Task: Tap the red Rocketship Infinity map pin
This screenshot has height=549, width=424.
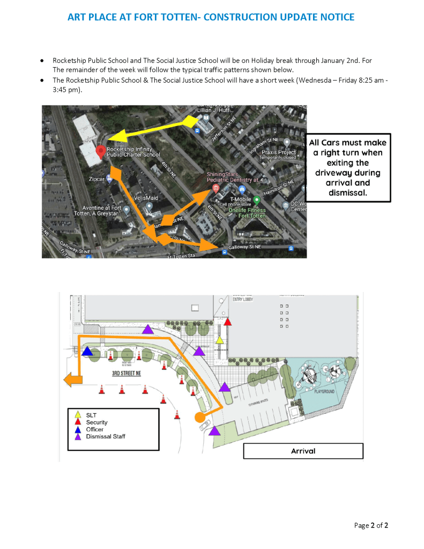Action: [100, 152]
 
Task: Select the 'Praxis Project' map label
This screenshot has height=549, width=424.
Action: [278, 153]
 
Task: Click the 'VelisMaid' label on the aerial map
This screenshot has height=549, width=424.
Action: [146, 197]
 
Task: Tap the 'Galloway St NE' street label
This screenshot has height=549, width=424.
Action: [244, 247]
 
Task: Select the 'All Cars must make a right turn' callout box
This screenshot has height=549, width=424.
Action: [348, 167]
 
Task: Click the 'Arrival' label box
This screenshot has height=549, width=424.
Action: [303, 451]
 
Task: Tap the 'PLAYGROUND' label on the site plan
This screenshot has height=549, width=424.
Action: [324, 392]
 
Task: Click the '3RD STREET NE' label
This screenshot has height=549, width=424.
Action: [127, 373]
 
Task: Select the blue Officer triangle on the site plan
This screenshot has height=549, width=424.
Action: [87, 351]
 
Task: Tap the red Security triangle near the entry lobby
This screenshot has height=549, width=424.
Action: [228, 322]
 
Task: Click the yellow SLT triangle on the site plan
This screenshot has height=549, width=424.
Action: [219, 340]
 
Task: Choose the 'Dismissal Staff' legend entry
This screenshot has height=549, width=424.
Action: [106, 436]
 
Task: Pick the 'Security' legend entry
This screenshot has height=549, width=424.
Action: [96, 422]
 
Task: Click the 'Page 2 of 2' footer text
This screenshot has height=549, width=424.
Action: [371, 525]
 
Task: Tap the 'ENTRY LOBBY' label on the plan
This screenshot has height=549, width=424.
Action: [242, 299]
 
